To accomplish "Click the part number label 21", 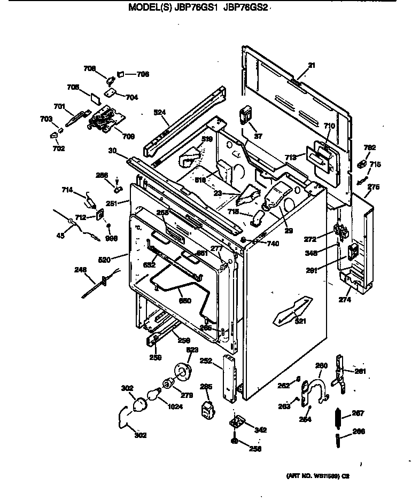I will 312,65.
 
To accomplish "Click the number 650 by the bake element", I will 184,301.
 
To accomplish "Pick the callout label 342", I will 260,429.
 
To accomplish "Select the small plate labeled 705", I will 95,98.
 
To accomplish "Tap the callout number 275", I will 374,187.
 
